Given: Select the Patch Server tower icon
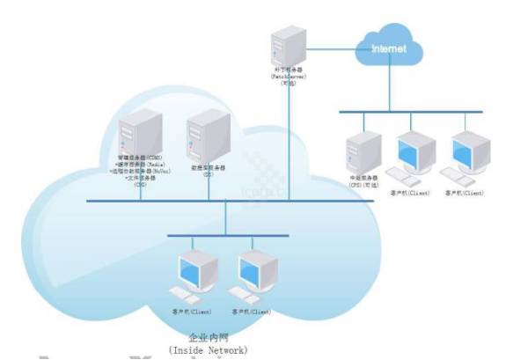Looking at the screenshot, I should [288, 49].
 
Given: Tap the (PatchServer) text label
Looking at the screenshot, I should [288, 77].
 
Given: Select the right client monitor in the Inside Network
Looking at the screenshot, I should [255, 269].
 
